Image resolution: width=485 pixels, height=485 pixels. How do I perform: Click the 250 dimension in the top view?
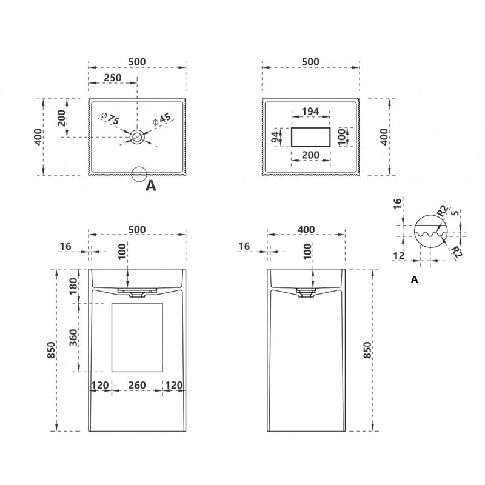click(x=113, y=78)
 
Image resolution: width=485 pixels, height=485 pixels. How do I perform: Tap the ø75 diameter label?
click(x=110, y=118)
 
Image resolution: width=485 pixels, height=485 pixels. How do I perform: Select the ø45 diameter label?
click(x=162, y=119)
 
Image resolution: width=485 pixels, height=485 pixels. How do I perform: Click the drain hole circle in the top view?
click(x=137, y=137)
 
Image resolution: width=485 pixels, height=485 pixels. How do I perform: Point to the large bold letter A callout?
click(x=150, y=186)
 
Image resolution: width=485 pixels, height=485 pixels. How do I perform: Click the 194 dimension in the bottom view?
click(x=310, y=112)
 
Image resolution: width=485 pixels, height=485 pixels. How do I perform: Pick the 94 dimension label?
click(x=275, y=137)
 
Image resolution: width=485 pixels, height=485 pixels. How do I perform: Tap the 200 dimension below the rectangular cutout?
click(x=310, y=155)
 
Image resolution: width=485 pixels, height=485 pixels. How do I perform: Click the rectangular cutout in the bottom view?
click(x=310, y=137)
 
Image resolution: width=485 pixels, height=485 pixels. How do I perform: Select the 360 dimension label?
click(x=73, y=338)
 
